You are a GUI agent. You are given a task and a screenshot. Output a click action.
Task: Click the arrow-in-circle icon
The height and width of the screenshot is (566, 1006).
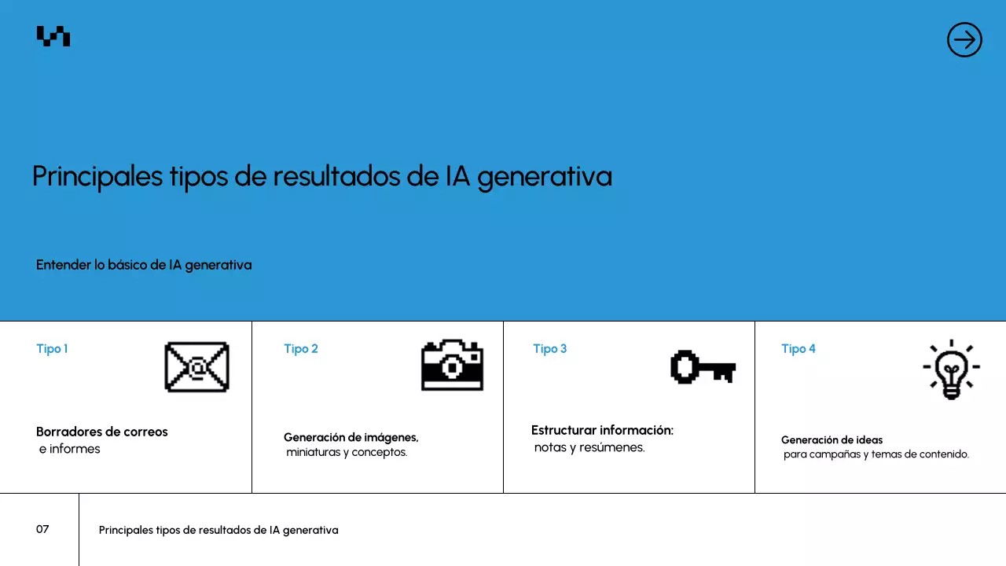tap(964, 39)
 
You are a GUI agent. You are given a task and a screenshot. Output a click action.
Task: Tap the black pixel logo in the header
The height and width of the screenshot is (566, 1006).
tap(53, 36)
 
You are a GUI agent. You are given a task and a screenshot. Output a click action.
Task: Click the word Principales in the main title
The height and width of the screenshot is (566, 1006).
tap(98, 176)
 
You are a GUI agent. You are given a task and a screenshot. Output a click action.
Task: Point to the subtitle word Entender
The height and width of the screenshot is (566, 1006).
tap(64, 265)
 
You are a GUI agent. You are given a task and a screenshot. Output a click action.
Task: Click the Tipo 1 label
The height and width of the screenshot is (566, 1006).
tap(52, 348)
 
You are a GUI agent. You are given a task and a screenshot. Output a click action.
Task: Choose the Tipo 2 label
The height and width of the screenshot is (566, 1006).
tap(301, 348)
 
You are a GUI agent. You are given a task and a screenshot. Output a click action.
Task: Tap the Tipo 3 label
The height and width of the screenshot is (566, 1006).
tap(549, 348)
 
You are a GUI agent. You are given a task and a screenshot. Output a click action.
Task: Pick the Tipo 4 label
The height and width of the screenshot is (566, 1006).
tap(799, 348)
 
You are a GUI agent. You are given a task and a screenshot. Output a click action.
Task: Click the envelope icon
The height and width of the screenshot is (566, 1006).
tap(196, 367)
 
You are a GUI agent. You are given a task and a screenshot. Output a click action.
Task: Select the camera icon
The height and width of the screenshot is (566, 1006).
tap(452, 366)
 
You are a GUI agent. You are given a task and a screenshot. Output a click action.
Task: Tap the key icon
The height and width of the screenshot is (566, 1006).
tap(703, 367)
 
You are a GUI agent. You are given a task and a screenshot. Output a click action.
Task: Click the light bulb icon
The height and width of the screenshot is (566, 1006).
tap(951, 369)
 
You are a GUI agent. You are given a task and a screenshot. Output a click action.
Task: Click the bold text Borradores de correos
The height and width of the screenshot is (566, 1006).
tap(102, 432)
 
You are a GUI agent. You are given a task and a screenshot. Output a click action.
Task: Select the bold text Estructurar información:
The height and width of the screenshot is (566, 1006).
tap(602, 430)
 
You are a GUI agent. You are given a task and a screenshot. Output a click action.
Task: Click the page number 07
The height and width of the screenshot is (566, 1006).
tap(42, 529)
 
